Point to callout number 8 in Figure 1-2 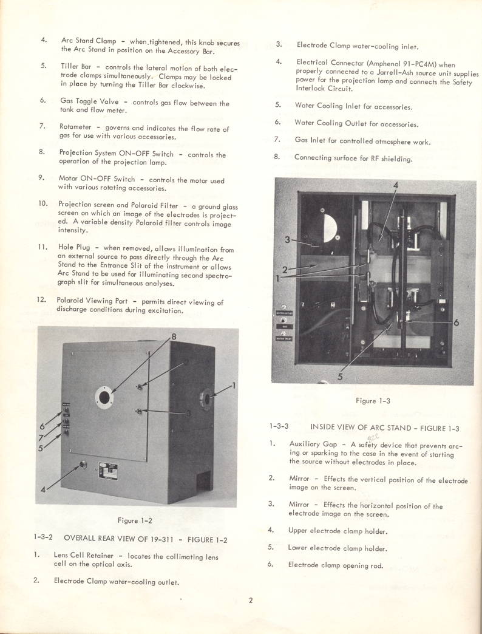[x=173, y=337]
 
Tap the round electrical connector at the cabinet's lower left [x=83, y=466]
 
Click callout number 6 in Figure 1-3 [x=455, y=323]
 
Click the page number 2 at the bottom [x=250, y=602]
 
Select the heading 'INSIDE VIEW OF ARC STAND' [x=372, y=426]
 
